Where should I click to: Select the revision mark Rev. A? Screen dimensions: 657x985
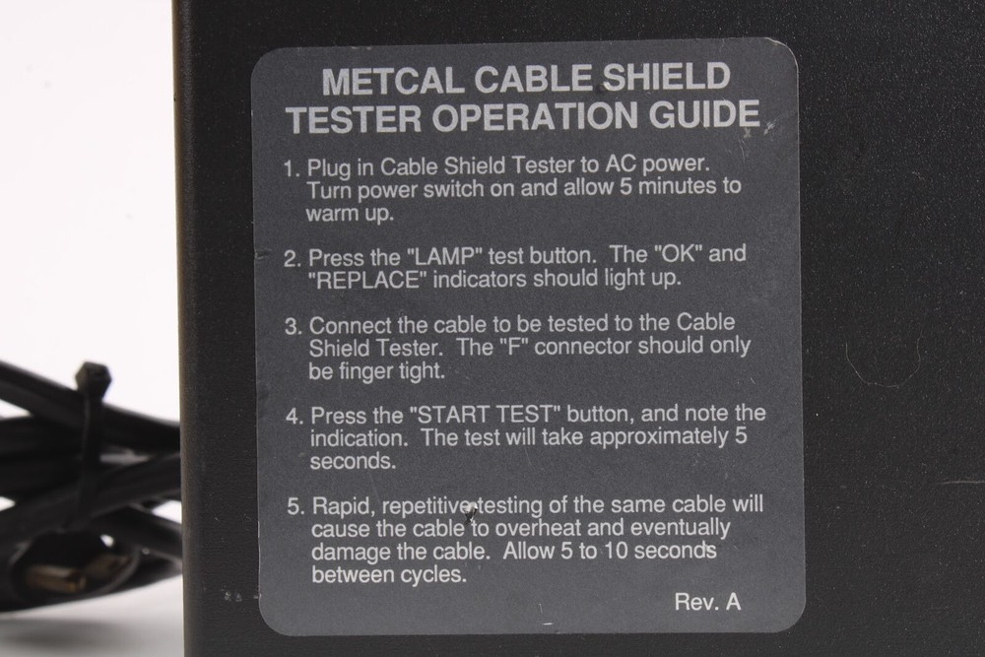pyautogui.click(x=707, y=602)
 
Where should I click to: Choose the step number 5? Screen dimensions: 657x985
pyautogui.click(x=294, y=506)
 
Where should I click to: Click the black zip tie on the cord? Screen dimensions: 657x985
pyautogui.click(x=93, y=384)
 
